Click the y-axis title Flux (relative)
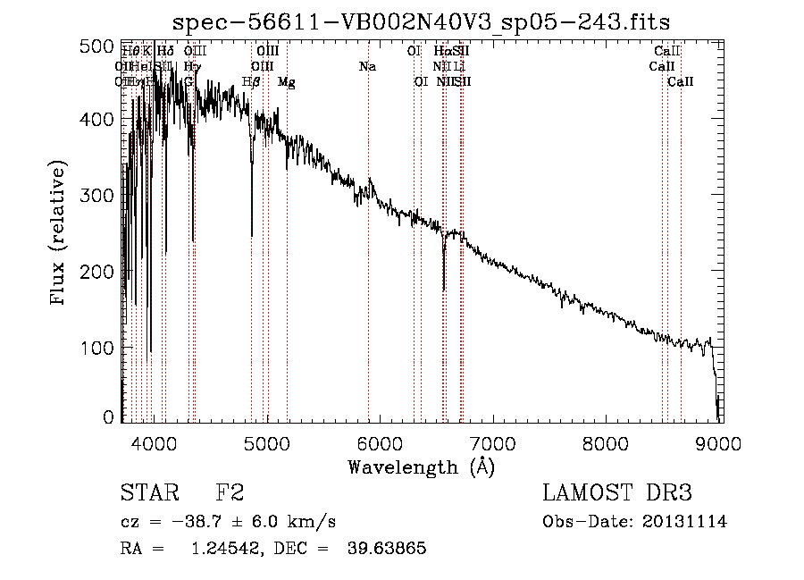pos(59,235)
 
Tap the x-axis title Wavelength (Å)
pos(421,467)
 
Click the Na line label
pos(367,67)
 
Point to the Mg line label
pos(287,82)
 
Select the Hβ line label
pos(251,82)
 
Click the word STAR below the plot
pos(149,494)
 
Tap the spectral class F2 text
pos(230,494)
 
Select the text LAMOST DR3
pos(616,494)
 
